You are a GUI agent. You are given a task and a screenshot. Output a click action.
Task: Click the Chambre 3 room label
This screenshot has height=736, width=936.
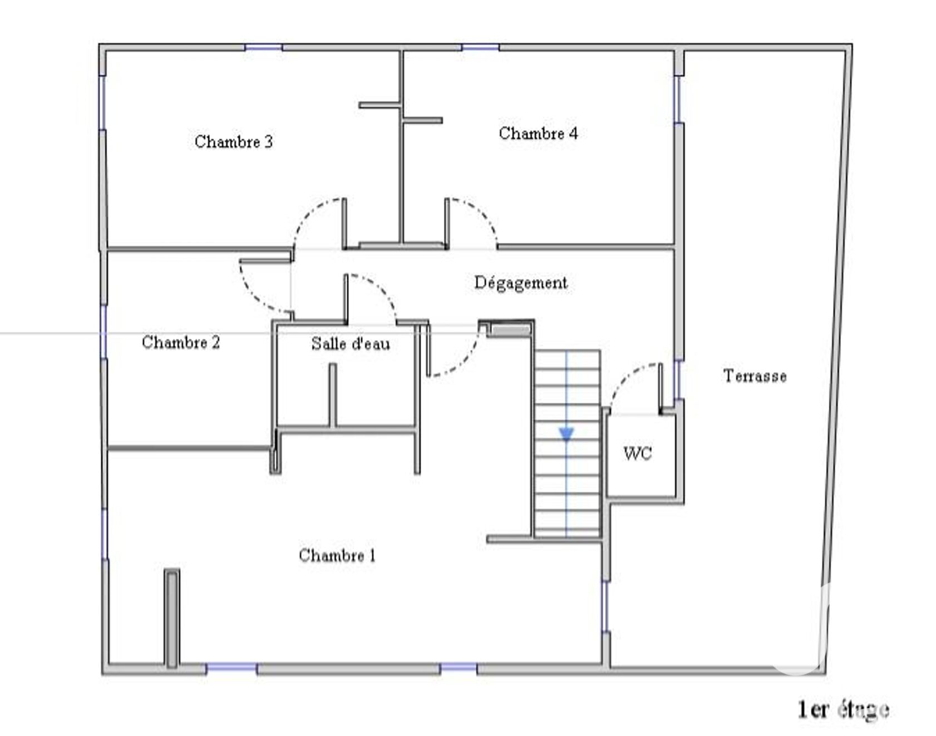pos(234,142)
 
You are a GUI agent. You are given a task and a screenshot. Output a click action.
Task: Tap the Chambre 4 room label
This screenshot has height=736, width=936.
pos(538,134)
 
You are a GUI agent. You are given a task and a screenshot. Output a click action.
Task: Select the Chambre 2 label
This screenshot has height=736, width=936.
pos(181,342)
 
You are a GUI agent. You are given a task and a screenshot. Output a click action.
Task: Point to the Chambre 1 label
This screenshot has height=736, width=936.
pos(337,555)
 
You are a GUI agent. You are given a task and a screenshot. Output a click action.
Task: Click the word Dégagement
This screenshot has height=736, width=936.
pos(521,283)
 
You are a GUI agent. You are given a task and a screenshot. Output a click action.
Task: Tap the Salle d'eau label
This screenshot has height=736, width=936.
pos(351,343)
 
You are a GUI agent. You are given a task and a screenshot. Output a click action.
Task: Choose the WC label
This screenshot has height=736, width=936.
pos(637,453)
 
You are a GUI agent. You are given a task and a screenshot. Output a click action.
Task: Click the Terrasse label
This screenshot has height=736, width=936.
pos(755,376)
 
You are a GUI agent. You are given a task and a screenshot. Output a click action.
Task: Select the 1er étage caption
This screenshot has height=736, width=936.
pos(843,709)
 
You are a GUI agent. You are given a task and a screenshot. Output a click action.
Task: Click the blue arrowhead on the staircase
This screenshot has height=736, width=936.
pos(566,434)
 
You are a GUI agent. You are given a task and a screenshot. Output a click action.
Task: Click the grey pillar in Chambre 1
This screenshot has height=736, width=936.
pos(172,618)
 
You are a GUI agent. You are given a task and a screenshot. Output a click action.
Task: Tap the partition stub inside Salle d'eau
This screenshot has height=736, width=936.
pos(333,395)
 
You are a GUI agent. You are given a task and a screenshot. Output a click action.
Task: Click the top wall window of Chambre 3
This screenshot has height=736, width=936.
pos(264,47)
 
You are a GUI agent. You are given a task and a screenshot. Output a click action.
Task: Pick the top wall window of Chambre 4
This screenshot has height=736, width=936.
pos(480,47)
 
